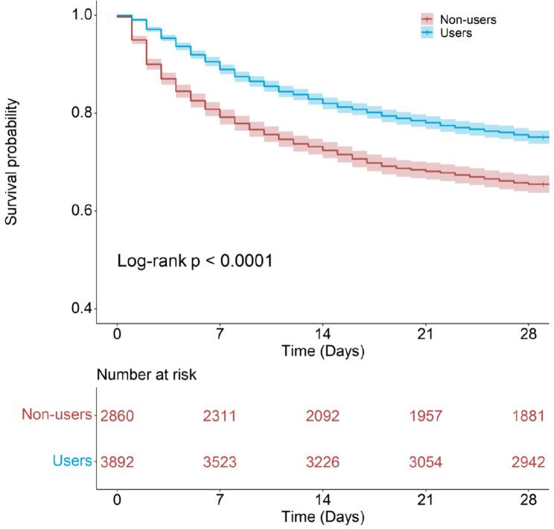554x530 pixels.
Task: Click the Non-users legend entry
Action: [x=468, y=20]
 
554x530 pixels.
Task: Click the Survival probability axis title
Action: [x=13, y=162]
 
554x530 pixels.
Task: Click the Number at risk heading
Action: [x=146, y=375]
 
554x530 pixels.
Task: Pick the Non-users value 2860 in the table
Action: [x=117, y=416]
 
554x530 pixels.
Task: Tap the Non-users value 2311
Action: [x=220, y=416]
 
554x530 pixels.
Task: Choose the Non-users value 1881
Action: [x=528, y=416]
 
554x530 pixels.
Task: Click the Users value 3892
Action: [x=117, y=462]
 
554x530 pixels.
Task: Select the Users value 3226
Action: [x=322, y=462]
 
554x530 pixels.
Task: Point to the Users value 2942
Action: [x=528, y=462]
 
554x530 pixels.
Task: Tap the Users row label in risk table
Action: [x=72, y=462]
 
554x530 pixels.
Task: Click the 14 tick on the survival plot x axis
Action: [x=322, y=334]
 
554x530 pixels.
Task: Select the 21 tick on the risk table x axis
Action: [x=425, y=500]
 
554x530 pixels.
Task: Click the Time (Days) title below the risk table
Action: [x=322, y=517]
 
